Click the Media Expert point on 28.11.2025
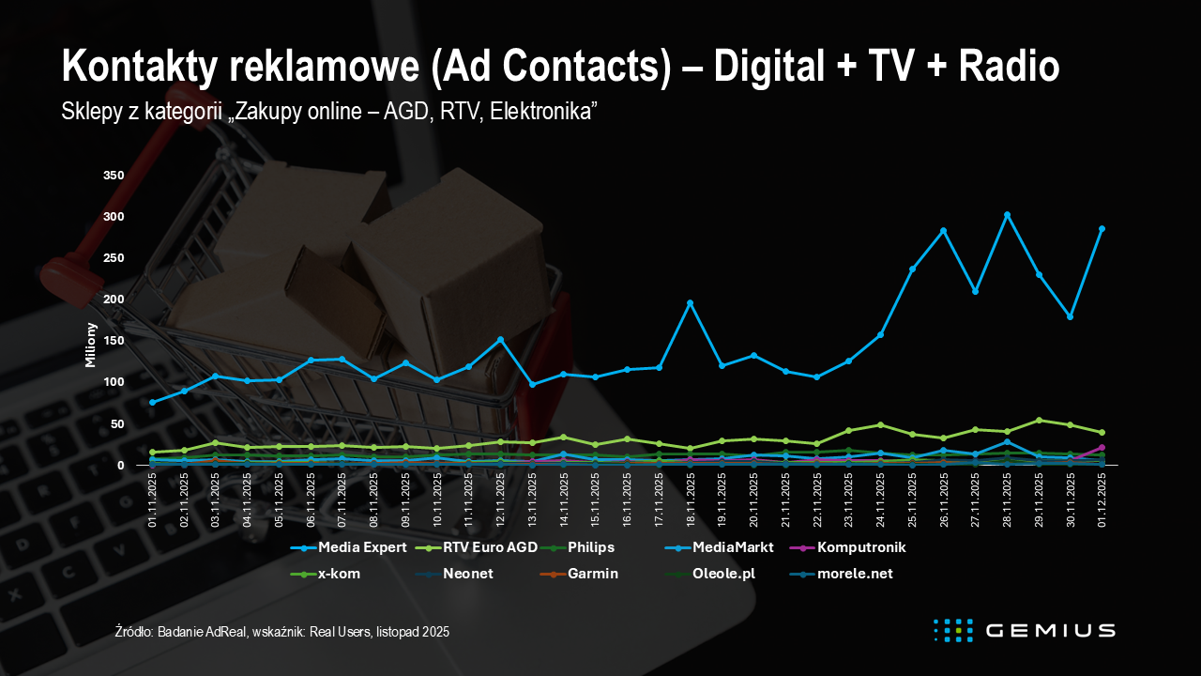click(x=1007, y=215)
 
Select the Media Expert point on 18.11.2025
click(x=690, y=303)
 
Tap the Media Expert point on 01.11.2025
click(x=152, y=402)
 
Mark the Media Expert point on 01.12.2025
click(x=1102, y=229)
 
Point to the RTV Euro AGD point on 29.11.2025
click(x=1039, y=421)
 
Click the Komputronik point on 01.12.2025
click(x=1102, y=448)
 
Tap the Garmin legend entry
click(x=593, y=573)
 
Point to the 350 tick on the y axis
click(x=113, y=176)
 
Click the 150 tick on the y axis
click(x=113, y=341)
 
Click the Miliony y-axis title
click(x=91, y=344)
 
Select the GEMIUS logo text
click(x=1050, y=630)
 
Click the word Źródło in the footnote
click(x=134, y=633)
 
